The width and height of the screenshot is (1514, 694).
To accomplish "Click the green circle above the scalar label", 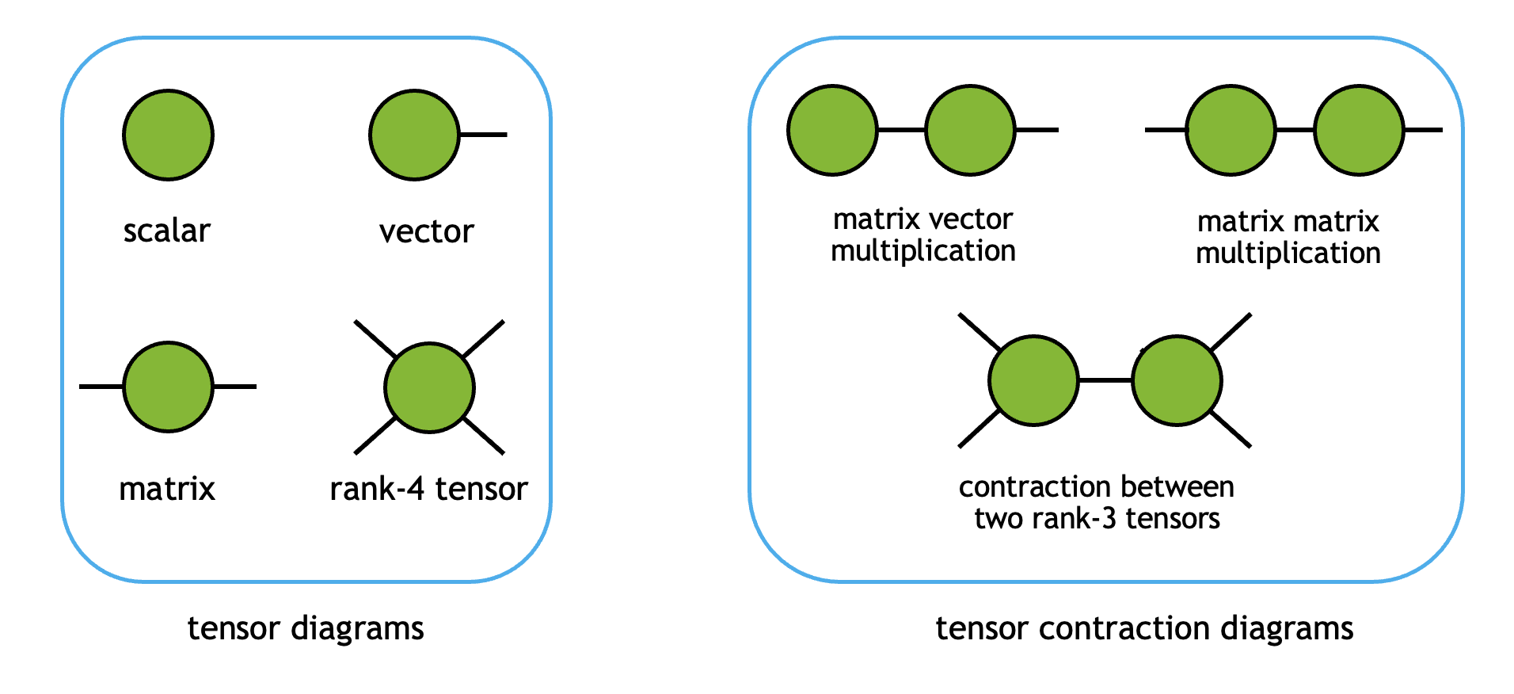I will click(168, 135).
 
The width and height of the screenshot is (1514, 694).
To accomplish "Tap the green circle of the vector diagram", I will click(414, 135).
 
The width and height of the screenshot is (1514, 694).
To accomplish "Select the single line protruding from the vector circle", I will click(484, 135).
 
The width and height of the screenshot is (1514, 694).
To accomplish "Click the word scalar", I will click(166, 231).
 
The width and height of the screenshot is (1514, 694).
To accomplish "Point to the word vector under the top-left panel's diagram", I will click(426, 232).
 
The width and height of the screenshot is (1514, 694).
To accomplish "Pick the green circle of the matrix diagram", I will click(168, 387).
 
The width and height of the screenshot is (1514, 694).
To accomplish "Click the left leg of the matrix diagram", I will click(101, 387).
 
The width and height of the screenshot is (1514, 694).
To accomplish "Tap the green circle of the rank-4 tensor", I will click(429, 387).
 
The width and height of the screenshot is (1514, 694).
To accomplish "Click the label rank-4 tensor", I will click(428, 489).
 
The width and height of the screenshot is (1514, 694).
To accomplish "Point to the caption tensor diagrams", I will click(306, 628).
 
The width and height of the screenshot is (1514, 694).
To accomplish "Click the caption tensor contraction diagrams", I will click(1144, 628).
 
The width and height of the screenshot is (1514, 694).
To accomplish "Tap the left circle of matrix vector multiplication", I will click(832, 130).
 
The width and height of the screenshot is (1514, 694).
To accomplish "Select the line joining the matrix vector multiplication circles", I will click(901, 130).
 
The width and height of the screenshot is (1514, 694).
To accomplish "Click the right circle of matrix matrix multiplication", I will click(1359, 130).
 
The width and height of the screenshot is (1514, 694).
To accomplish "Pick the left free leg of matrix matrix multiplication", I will click(1165, 130).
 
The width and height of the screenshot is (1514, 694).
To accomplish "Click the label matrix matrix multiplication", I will click(1288, 237).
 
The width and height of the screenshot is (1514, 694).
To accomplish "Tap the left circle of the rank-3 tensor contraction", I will click(1033, 380).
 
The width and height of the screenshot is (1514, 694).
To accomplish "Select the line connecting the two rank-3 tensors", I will click(1105, 380).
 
